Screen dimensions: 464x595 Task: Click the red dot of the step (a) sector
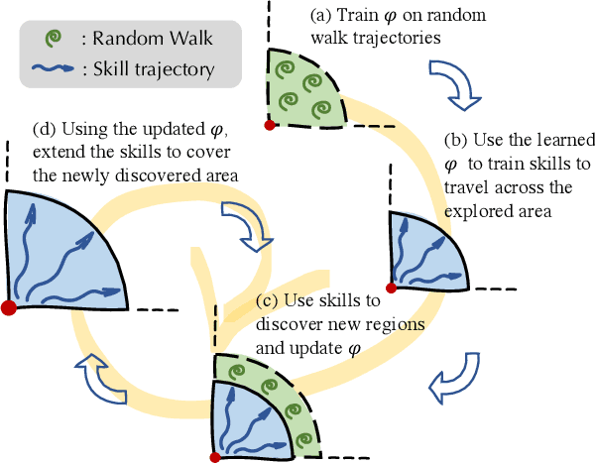point(269,125)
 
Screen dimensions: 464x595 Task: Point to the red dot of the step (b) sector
point(392,289)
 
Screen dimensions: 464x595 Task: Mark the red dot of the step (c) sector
point(216,457)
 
